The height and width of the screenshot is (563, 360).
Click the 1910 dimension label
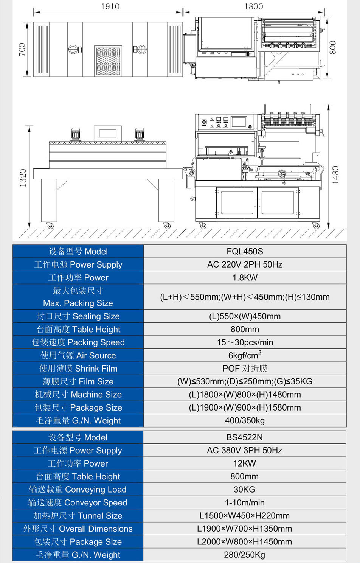click(x=110, y=6)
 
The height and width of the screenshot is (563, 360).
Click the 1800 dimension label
click(x=254, y=6)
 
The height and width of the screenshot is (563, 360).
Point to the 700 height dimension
click(x=22, y=50)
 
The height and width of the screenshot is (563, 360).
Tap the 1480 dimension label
click(x=336, y=175)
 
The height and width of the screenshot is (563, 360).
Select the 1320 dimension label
click(x=23, y=178)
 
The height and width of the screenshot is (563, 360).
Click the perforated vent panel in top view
click(x=108, y=61)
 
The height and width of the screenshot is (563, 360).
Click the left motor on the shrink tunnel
click(x=75, y=134)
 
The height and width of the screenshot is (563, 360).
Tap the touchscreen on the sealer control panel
click(x=239, y=122)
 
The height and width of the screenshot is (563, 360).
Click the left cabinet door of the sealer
click(x=237, y=202)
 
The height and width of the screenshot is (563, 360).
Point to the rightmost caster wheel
click(x=316, y=226)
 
